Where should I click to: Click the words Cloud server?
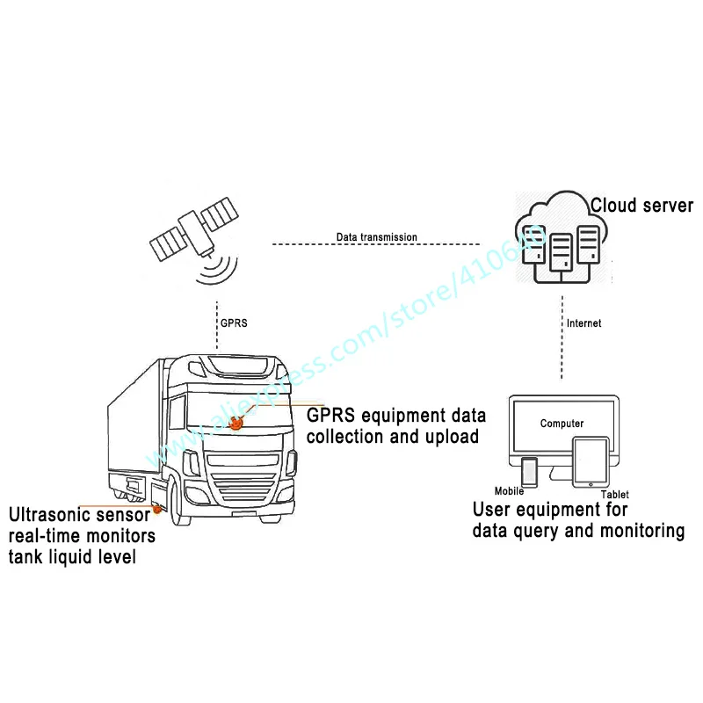coord(641,207)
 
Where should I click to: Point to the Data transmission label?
coord(376,237)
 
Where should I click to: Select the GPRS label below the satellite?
coord(233,323)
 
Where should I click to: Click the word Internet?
coord(584,323)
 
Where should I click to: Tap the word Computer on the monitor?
coord(562,424)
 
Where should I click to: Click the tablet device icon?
coord(588,463)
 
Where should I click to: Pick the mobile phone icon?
coord(529,472)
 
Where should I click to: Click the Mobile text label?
coord(509,491)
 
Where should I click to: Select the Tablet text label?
coord(614,495)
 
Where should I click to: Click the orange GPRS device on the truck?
coord(236,424)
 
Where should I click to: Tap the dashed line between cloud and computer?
coord(561,343)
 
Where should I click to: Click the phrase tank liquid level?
coord(72,556)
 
